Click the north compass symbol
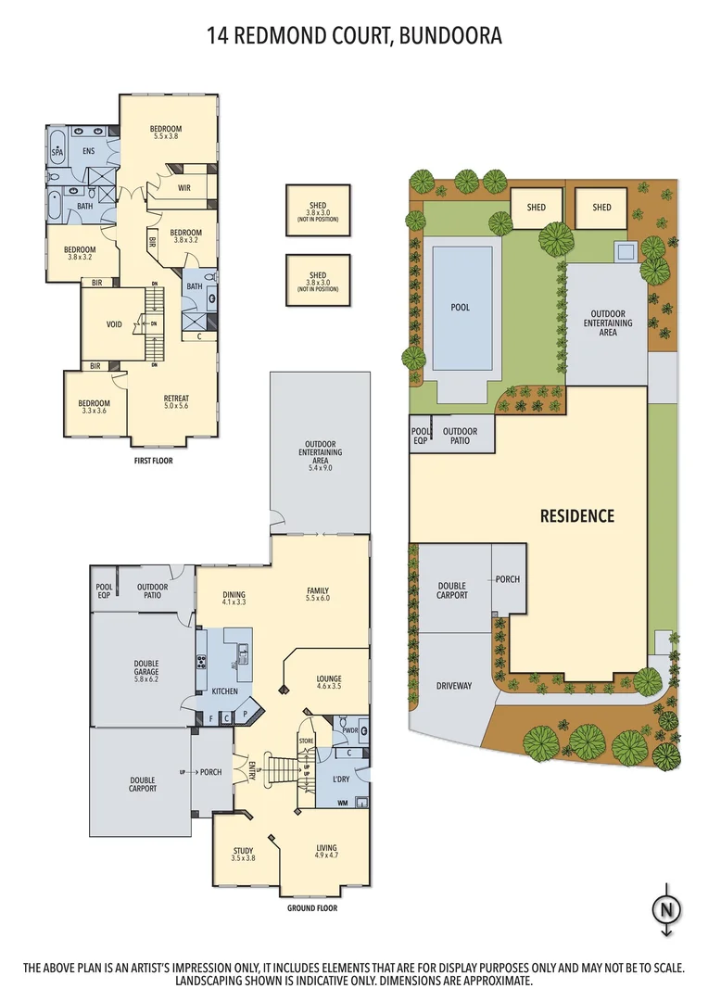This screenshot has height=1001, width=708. click(664, 909)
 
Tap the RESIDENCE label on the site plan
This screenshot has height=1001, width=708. click(576, 516)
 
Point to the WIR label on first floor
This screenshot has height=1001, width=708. click(184, 188)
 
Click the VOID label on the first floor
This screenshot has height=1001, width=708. click(114, 324)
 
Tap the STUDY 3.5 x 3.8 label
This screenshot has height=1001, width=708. click(243, 854)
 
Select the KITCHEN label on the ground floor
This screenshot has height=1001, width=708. click(224, 691)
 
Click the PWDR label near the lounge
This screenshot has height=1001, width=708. click(349, 730)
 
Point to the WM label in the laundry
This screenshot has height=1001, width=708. click(343, 802)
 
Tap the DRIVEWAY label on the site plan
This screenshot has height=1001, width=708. click(454, 686)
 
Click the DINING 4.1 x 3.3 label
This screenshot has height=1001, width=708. click(233, 598)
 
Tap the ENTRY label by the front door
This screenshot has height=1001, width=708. click(252, 770)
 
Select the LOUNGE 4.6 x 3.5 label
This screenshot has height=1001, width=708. click(328, 682)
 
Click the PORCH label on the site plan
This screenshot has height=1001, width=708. click(507, 579)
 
